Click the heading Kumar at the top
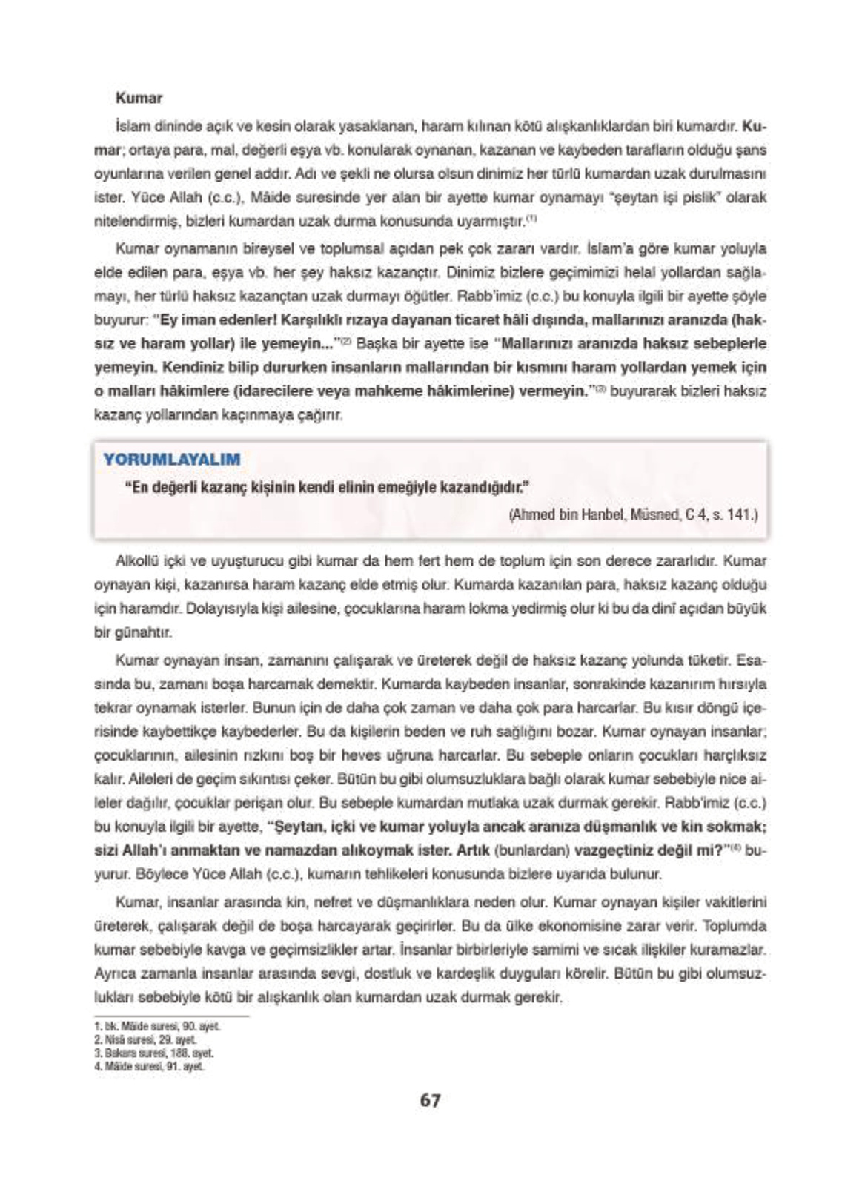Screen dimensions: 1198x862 click(x=139, y=98)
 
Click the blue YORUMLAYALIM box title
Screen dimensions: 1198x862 click(x=172, y=459)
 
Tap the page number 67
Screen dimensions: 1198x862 click(x=430, y=1100)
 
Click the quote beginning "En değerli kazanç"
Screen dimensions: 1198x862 click(x=326, y=487)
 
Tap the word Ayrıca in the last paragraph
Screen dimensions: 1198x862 click(x=113, y=973)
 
